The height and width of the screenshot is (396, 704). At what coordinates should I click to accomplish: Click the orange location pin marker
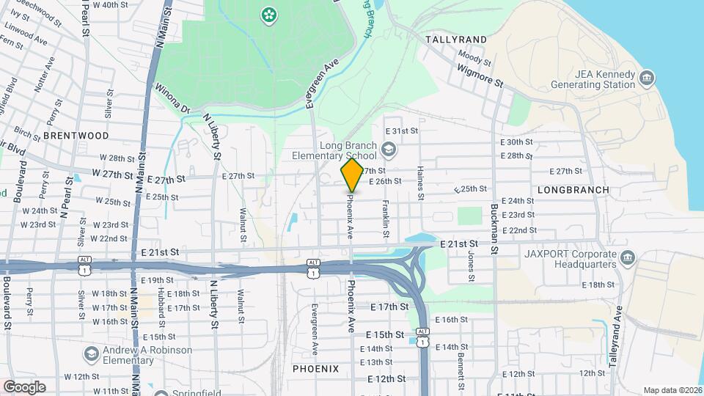click(352, 175)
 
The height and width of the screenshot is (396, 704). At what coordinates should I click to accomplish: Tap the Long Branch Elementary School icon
click(388, 150)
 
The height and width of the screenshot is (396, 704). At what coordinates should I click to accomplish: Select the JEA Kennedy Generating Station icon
click(646, 78)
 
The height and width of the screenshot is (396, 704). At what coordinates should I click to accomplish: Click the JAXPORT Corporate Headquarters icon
click(627, 257)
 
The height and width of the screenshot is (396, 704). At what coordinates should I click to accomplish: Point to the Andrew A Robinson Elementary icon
click(91, 355)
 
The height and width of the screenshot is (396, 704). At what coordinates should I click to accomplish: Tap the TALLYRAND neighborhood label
click(456, 39)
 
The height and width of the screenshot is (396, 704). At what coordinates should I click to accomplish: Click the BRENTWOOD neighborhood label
click(76, 136)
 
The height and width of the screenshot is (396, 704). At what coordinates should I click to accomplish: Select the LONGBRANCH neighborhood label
click(573, 189)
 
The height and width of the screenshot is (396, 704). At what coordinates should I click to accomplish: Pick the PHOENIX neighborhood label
click(315, 368)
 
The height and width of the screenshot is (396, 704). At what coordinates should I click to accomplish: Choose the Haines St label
click(420, 184)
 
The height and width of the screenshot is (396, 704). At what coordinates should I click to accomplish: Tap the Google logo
click(24, 387)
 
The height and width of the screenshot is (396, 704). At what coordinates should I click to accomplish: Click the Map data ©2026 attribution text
click(672, 390)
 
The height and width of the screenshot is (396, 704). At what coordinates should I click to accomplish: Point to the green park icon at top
click(269, 14)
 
